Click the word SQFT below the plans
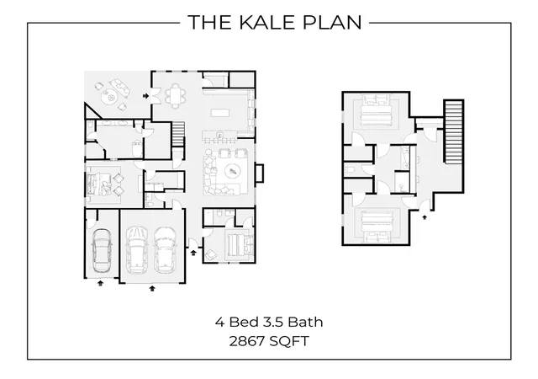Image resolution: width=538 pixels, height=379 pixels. click(x=289, y=341)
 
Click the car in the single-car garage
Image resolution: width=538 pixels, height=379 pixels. click(x=102, y=250)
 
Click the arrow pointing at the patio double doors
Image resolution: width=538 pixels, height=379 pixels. click(x=145, y=96)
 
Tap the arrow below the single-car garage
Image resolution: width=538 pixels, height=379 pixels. click(x=100, y=283)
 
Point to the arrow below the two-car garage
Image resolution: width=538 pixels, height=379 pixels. click(x=152, y=288)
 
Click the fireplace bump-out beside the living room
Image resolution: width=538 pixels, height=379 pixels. click(x=260, y=173)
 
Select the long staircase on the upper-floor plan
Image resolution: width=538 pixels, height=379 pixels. click(x=454, y=131)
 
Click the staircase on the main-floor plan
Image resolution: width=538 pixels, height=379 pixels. click(x=178, y=134)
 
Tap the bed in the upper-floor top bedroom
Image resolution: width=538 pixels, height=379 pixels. click(x=376, y=110)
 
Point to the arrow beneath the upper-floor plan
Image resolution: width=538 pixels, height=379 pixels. click(x=425, y=217)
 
